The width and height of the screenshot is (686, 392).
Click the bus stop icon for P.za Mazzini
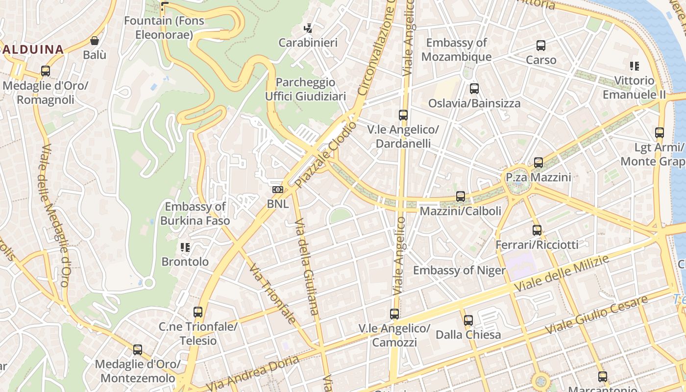(x=539, y=163)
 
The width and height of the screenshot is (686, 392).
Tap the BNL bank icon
(x=277, y=190)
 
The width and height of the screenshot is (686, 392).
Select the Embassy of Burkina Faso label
(x=195, y=214)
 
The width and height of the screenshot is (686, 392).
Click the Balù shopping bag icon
(x=95, y=41)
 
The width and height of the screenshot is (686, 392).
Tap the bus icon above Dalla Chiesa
(x=468, y=320)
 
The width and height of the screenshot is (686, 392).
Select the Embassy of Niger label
(x=459, y=270)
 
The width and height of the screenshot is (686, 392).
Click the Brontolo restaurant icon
(x=185, y=247)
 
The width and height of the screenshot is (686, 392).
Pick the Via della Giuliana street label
(x=307, y=267)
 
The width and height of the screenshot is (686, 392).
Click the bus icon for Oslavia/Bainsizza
(x=474, y=89)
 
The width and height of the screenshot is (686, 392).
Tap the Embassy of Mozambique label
(x=456, y=49)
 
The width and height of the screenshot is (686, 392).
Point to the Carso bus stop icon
(x=541, y=46)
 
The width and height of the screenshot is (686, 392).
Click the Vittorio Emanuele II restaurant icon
(x=635, y=66)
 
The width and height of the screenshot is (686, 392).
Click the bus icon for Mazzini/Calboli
(x=461, y=196)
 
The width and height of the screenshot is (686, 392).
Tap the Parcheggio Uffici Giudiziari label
(x=305, y=89)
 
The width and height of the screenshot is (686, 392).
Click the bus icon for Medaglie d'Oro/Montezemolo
(x=138, y=350)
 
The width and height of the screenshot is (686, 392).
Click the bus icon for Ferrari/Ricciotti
(x=537, y=230)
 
